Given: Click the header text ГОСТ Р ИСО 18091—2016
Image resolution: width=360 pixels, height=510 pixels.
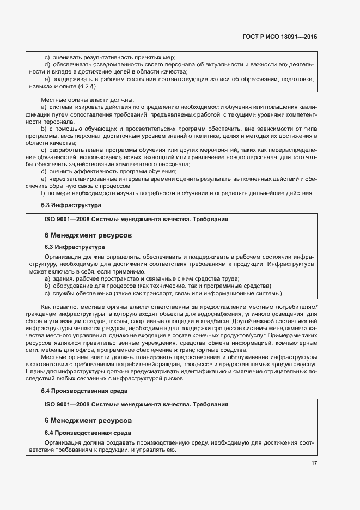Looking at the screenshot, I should (x=280, y=37).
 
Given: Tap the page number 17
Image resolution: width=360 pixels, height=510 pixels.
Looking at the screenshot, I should (x=314, y=463).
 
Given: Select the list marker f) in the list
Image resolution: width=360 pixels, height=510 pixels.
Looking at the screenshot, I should (x=43, y=193).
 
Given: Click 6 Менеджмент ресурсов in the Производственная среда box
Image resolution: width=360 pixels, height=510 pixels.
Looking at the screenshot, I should (x=87, y=421).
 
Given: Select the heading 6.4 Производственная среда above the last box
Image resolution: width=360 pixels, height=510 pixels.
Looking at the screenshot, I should (x=84, y=391).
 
